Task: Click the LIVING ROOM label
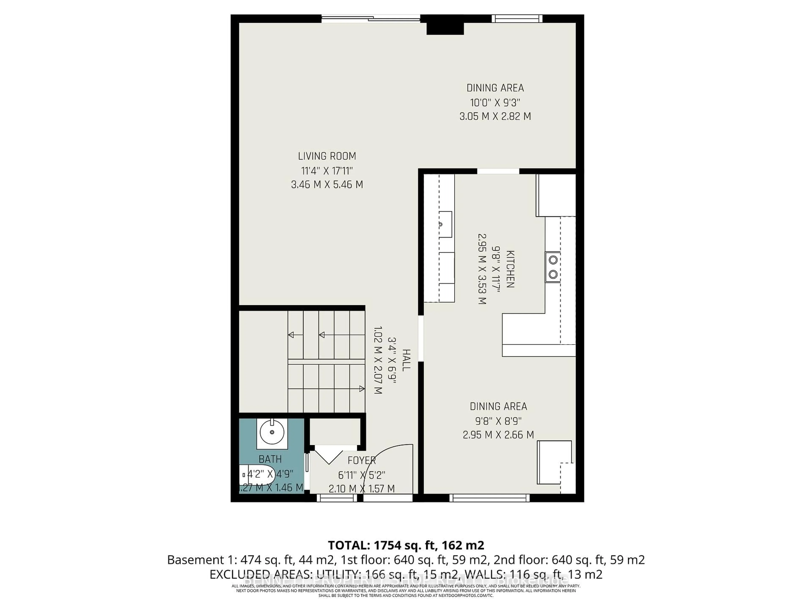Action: (327, 156)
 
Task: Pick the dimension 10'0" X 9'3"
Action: (495, 102)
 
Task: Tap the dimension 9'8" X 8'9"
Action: (498, 421)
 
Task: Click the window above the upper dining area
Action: (517, 18)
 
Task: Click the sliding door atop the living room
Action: (371, 18)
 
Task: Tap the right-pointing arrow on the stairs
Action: (362, 389)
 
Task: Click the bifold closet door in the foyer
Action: (329, 455)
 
